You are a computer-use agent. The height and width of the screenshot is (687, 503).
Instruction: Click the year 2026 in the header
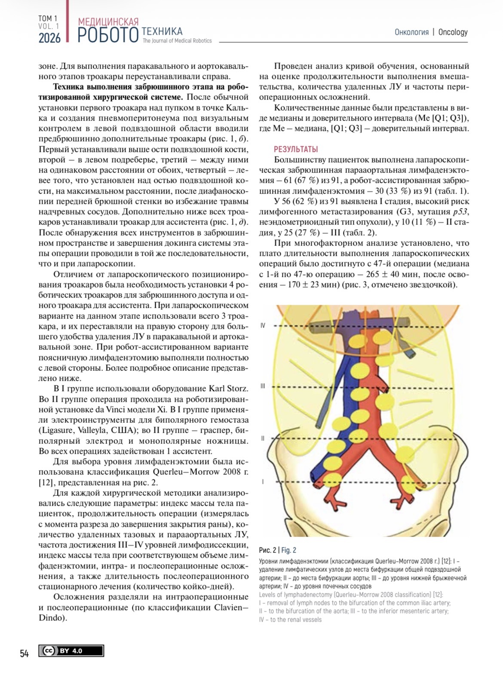49,38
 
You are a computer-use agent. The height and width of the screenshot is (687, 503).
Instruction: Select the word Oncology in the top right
453,32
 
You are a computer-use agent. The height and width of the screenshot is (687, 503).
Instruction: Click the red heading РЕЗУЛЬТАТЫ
296,149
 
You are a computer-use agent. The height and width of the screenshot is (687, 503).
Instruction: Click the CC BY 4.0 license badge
71,651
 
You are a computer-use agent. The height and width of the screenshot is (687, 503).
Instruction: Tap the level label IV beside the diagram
263,326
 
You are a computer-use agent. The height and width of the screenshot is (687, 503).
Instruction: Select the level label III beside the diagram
263,386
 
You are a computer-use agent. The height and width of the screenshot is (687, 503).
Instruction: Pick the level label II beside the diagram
263,438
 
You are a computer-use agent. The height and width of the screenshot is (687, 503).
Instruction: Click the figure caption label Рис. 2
267,550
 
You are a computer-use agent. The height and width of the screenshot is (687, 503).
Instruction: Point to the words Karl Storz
228,389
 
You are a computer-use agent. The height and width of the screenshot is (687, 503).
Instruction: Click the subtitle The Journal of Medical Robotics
177,41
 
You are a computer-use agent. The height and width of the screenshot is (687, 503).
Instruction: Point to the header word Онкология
411,32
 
